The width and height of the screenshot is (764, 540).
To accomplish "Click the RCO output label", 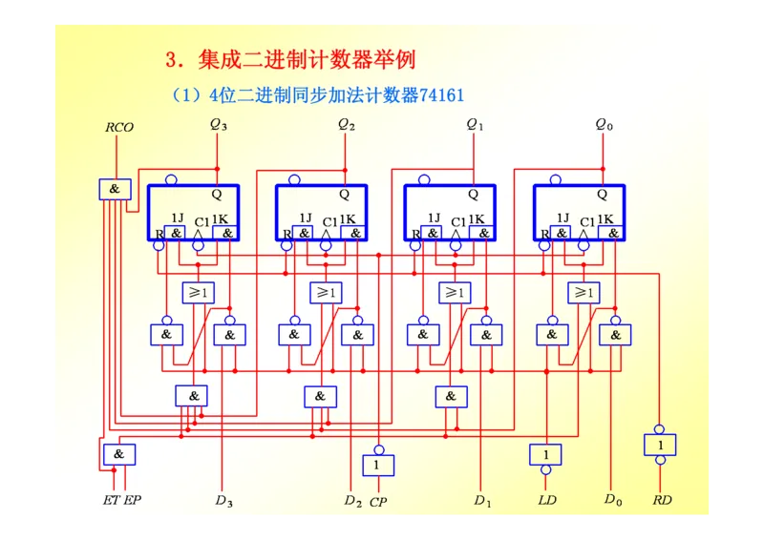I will [x=119, y=127].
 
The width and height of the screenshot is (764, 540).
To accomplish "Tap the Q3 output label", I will [x=219, y=124].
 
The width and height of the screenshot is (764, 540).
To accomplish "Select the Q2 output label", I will [x=347, y=124].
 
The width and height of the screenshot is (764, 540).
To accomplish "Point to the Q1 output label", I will [x=475, y=124].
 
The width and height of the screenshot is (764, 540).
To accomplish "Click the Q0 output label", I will [x=604, y=124].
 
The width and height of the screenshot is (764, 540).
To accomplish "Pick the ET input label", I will [x=112, y=500].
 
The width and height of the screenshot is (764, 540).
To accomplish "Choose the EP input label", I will [x=132, y=500].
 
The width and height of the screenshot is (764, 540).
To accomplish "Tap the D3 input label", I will [x=223, y=500].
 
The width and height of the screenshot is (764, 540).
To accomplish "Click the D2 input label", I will [x=352, y=500].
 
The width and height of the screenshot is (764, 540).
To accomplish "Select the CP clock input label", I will [x=378, y=501].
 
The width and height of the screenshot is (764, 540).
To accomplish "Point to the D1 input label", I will [x=482, y=500].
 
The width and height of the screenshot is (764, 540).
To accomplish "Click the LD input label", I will [x=546, y=500].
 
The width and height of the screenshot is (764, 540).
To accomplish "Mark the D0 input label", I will [x=613, y=499].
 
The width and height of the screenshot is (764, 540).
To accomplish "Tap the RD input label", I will [x=662, y=500].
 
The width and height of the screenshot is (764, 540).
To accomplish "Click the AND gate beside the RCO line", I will [x=115, y=189].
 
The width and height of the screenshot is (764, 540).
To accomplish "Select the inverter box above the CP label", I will [x=377, y=465].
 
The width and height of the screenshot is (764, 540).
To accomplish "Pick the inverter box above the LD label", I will [x=545, y=454].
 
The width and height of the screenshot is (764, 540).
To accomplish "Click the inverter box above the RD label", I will [x=660, y=445].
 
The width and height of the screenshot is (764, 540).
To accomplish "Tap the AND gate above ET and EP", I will [x=119, y=454].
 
